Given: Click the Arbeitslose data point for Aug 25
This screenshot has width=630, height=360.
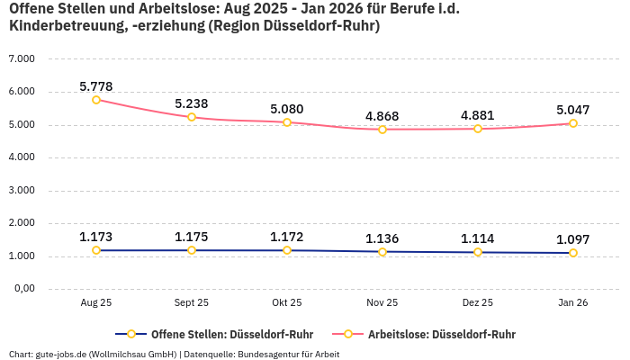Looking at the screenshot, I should click(x=96, y=100).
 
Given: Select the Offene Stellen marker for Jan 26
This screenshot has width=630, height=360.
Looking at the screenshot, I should click(x=573, y=253).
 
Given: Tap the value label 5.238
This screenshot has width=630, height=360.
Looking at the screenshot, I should click(x=192, y=103).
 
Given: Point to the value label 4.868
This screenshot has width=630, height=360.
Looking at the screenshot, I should click(x=382, y=116).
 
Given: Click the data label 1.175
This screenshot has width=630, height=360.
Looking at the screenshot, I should click(x=192, y=237).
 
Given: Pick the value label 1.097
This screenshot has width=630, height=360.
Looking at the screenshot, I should click(x=573, y=239).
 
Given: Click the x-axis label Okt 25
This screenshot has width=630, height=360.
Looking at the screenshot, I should click(x=287, y=303).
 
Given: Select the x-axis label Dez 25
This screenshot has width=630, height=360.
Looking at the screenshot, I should click(x=478, y=303).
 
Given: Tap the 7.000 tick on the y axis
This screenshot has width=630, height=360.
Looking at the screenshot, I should click(x=21, y=58).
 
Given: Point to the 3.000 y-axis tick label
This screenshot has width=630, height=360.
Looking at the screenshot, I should click(x=21, y=190).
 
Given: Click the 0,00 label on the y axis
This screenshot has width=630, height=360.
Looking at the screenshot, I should click(x=22, y=289).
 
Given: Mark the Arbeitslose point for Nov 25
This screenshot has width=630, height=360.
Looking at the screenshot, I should click(x=382, y=130).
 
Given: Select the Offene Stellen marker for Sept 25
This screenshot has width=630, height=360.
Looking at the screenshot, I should click(x=192, y=250).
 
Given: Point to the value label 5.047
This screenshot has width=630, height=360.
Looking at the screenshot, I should click(x=573, y=110).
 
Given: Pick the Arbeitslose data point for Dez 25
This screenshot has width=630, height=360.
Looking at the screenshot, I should click(x=478, y=129).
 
